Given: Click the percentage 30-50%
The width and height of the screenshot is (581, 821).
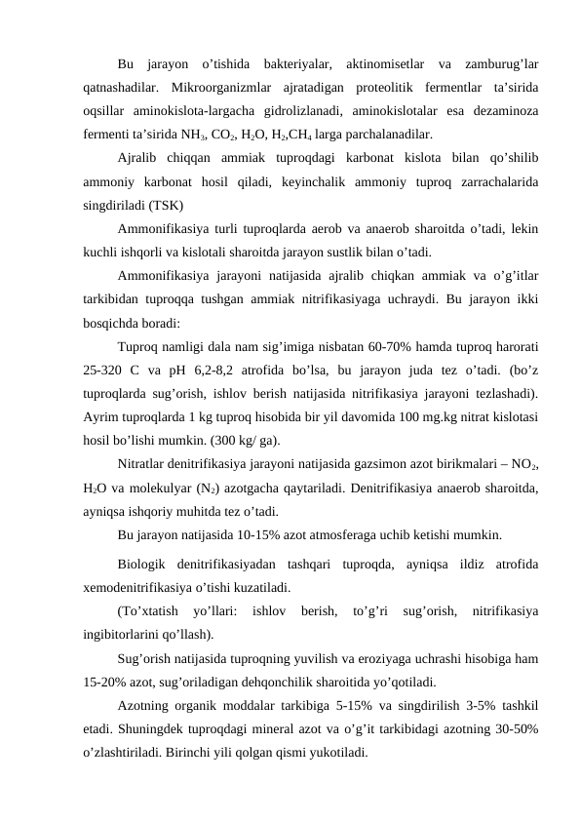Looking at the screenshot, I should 519,727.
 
